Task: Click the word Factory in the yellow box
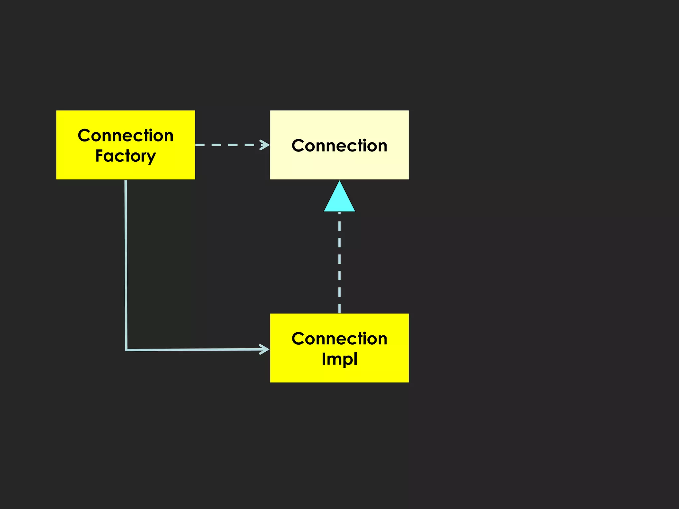[125, 156]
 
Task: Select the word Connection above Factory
[125, 136]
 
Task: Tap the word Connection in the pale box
[339, 146]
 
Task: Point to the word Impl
[339, 359]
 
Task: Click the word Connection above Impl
[339, 339]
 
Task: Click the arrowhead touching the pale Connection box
[265, 145]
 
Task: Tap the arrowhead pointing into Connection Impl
[265, 349]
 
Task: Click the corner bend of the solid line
[126, 350]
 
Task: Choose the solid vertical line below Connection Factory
[126, 265]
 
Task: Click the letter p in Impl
[346, 360]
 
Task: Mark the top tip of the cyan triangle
[339, 181]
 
